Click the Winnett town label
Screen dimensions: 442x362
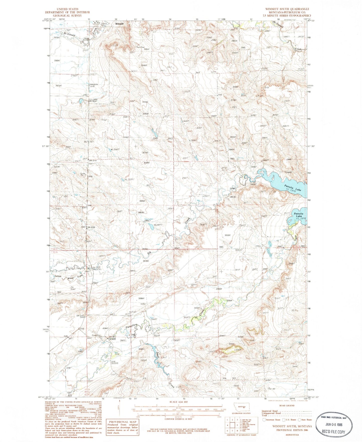pos(119,24)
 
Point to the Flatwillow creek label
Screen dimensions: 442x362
pos(131,327)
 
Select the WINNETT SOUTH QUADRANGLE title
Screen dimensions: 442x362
pos(287,9)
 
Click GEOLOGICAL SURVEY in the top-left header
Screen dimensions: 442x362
pos(67,15)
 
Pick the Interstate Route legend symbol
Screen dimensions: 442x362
pos(264,419)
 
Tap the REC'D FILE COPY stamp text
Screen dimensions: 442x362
pos(334,432)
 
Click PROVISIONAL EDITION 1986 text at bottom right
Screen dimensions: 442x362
pos(292,430)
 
